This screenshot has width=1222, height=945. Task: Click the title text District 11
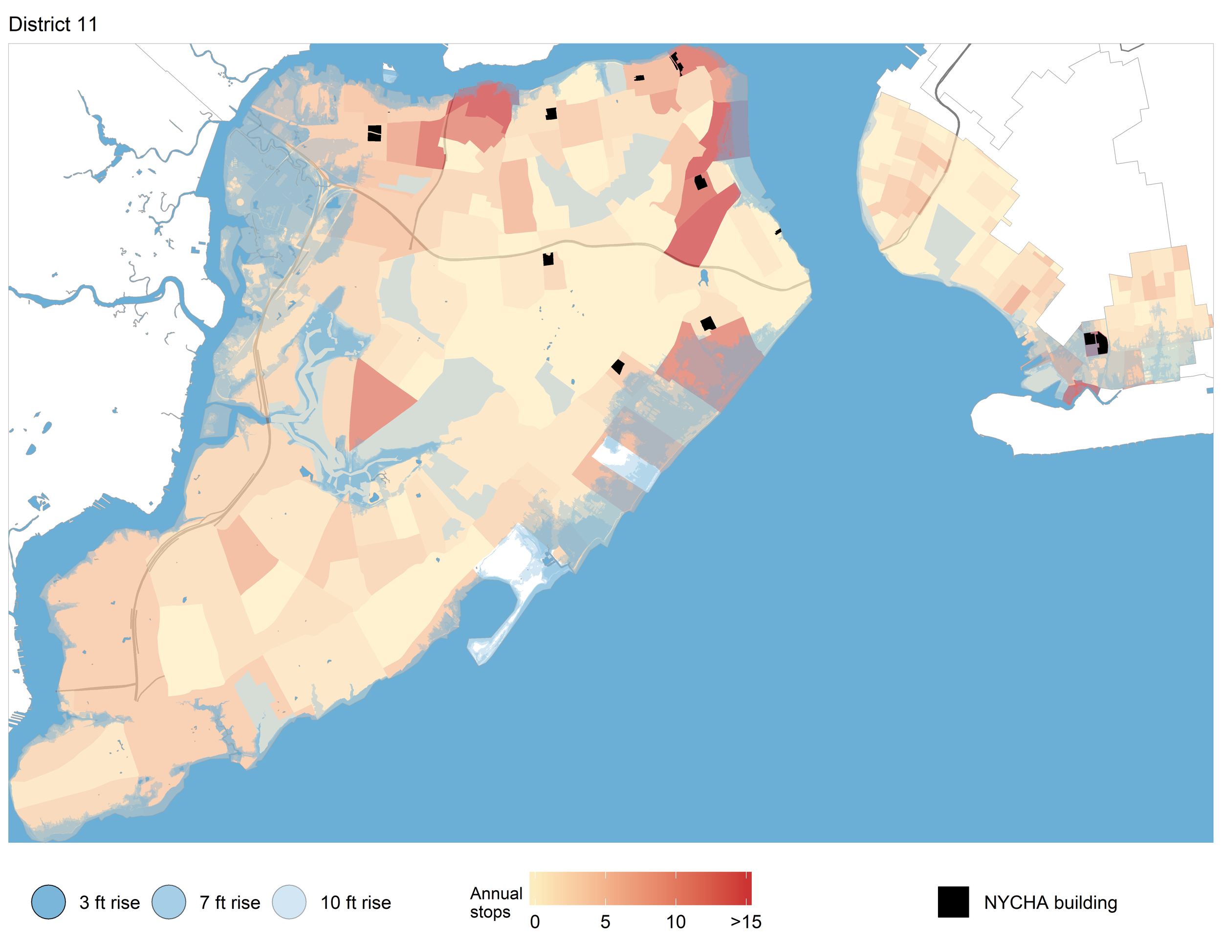pyautogui.click(x=53, y=24)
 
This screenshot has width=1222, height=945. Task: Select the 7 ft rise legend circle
pyautogui.click(x=169, y=902)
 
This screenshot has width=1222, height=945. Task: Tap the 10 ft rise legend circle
pyautogui.click(x=289, y=902)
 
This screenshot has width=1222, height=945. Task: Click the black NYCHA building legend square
pyautogui.click(x=953, y=902)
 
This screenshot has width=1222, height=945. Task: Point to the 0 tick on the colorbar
pyautogui.click(x=535, y=922)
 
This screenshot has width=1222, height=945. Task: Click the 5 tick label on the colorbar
pyautogui.click(x=605, y=922)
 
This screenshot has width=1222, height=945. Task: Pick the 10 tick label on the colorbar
pyautogui.click(x=676, y=922)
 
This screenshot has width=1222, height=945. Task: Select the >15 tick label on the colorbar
pyautogui.click(x=745, y=922)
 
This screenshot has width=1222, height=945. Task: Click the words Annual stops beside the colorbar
pyautogui.click(x=495, y=902)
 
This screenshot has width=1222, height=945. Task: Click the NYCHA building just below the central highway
pyautogui.click(x=548, y=259)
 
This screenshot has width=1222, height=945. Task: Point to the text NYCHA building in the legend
pyautogui.click(x=1050, y=902)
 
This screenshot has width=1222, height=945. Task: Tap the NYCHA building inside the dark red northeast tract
pyautogui.click(x=700, y=182)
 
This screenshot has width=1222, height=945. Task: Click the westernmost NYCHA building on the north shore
pyautogui.click(x=374, y=133)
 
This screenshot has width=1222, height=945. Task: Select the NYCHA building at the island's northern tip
pyautogui.click(x=677, y=62)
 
